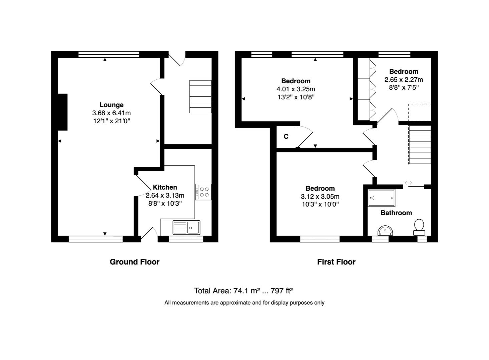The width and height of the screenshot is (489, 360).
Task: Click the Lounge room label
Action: [x=111, y=105]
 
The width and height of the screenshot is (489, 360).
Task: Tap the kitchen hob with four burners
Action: [x=203, y=192]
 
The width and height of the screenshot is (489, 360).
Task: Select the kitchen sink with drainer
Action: [x=186, y=227]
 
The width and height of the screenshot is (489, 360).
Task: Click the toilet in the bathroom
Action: [x=419, y=227]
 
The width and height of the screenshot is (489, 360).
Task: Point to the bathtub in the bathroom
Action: [x=382, y=198]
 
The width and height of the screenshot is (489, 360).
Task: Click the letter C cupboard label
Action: [x=286, y=137]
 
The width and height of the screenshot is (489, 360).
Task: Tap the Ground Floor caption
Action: [x=134, y=262]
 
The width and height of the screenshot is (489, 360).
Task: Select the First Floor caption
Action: [x=336, y=262]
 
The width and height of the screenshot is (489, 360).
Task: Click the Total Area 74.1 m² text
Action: [x=243, y=291]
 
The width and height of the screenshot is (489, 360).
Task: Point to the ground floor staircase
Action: [x=200, y=97]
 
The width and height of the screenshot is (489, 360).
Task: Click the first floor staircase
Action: [x=420, y=145]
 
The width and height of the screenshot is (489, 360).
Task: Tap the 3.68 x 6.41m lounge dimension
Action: [x=111, y=113]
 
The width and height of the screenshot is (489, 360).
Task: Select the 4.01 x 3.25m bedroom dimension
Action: [x=296, y=89]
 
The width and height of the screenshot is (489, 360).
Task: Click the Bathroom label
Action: [x=396, y=213]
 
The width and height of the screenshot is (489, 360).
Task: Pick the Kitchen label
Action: [x=165, y=187]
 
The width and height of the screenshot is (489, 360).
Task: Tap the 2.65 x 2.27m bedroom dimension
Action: [x=404, y=80]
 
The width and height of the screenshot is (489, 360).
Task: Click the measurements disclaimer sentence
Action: [x=244, y=303]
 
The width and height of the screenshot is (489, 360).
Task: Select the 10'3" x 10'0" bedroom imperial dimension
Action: [x=320, y=204]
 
